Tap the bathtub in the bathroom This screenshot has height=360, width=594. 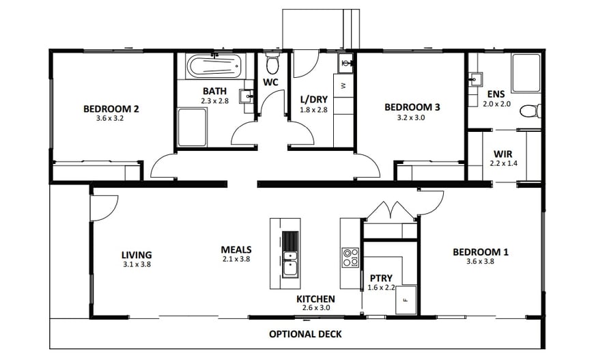212,66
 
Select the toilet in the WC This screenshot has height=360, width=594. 272,65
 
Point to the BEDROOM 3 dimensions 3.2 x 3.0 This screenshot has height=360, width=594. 412,117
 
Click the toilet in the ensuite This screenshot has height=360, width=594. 529,110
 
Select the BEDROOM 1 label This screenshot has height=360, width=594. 480,252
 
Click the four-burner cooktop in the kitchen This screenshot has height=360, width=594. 350,258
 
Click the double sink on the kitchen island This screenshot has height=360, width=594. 290,264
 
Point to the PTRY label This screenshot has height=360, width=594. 381,278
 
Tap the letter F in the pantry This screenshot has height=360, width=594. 406,300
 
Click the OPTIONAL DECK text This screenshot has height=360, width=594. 305,334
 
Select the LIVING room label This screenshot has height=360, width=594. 137,255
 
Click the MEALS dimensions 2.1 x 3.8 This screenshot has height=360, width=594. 236,259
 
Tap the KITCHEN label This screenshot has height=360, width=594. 315,299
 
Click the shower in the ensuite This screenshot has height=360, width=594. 525,73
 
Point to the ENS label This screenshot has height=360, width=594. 496,94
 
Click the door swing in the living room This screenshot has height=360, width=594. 104,208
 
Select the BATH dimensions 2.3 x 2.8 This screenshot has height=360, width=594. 215,100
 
